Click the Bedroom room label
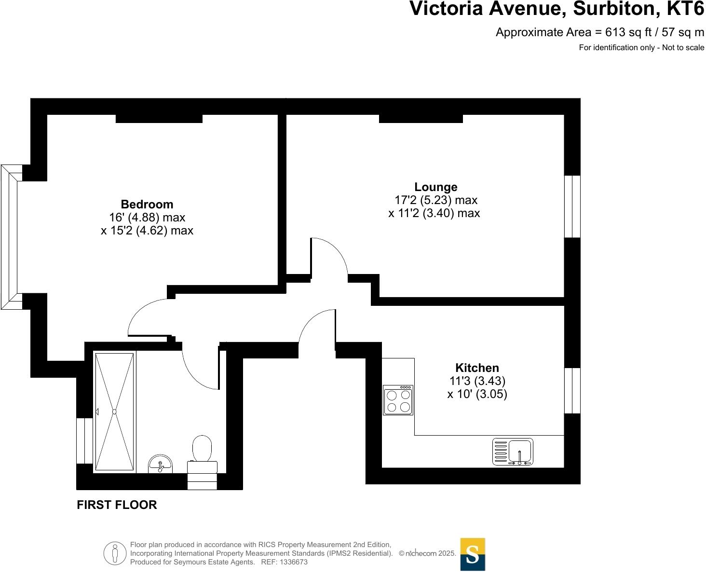click(147, 205)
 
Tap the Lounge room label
click(435, 187)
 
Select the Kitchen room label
click(477, 368)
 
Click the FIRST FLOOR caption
click(117, 505)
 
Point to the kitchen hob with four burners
click(398, 400)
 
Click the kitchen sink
click(513, 452)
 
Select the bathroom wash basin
click(160, 464)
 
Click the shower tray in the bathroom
click(114, 411)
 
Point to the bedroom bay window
click(11, 237)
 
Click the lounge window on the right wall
click(572, 206)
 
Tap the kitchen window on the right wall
click(572, 391)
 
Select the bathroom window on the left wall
click(84, 441)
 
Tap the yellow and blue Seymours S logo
click(473, 554)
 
